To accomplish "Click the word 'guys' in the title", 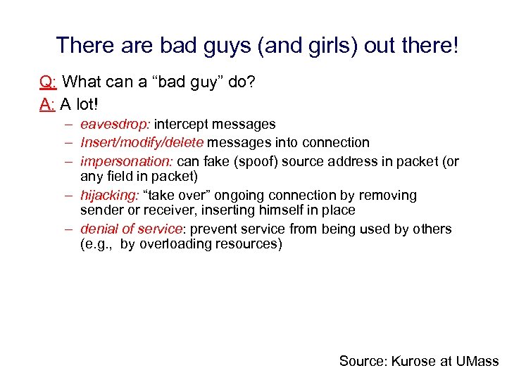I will coord(215,46).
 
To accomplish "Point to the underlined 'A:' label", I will coord(48,105).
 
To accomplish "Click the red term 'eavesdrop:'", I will coord(115,125).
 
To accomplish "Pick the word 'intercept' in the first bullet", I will coord(181,125).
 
